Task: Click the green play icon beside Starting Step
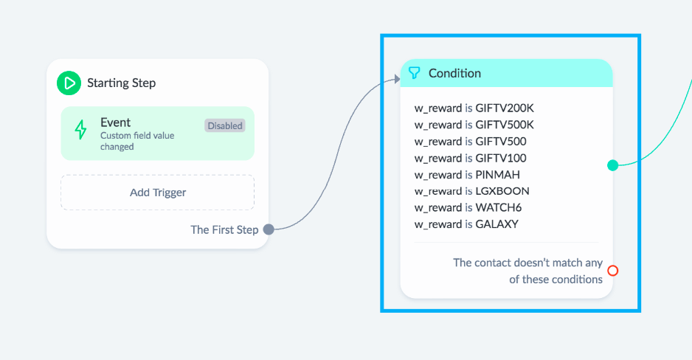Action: [x=69, y=83]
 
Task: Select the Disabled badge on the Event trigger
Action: [x=225, y=125]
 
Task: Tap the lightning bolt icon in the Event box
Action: [x=80, y=130]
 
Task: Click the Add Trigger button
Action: [x=158, y=193]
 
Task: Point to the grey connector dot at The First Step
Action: [x=269, y=229]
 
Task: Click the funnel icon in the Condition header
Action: [x=414, y=73]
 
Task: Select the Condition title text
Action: [x=454, y=73]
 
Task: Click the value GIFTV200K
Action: [x=505, y=108]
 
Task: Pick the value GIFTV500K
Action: [x=505, y=125]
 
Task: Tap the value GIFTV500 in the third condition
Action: [x=501, y=142]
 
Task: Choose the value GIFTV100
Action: [x=501, y=158]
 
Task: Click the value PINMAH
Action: [x=497, y=175]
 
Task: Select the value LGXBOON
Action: [x=502, y=191]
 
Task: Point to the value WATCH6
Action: [x=498, y=208]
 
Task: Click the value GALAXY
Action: [x=497, y=224]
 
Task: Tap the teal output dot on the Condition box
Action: [x=612, y=165]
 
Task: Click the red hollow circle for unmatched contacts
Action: [x=612, y=271]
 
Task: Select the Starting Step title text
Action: [x=122, y=83]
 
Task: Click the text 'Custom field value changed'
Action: [x=137, y=141]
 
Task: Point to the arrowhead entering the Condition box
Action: [x=397, y=79]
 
